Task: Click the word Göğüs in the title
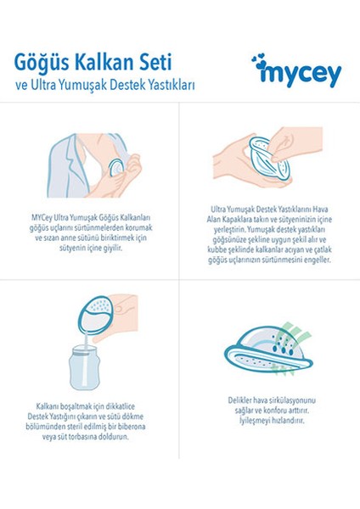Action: tap(42, 64)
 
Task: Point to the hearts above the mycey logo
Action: tap(259, 61)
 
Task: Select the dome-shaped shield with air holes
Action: tap(269, 350)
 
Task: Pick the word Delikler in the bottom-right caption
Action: tap(239, 400)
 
